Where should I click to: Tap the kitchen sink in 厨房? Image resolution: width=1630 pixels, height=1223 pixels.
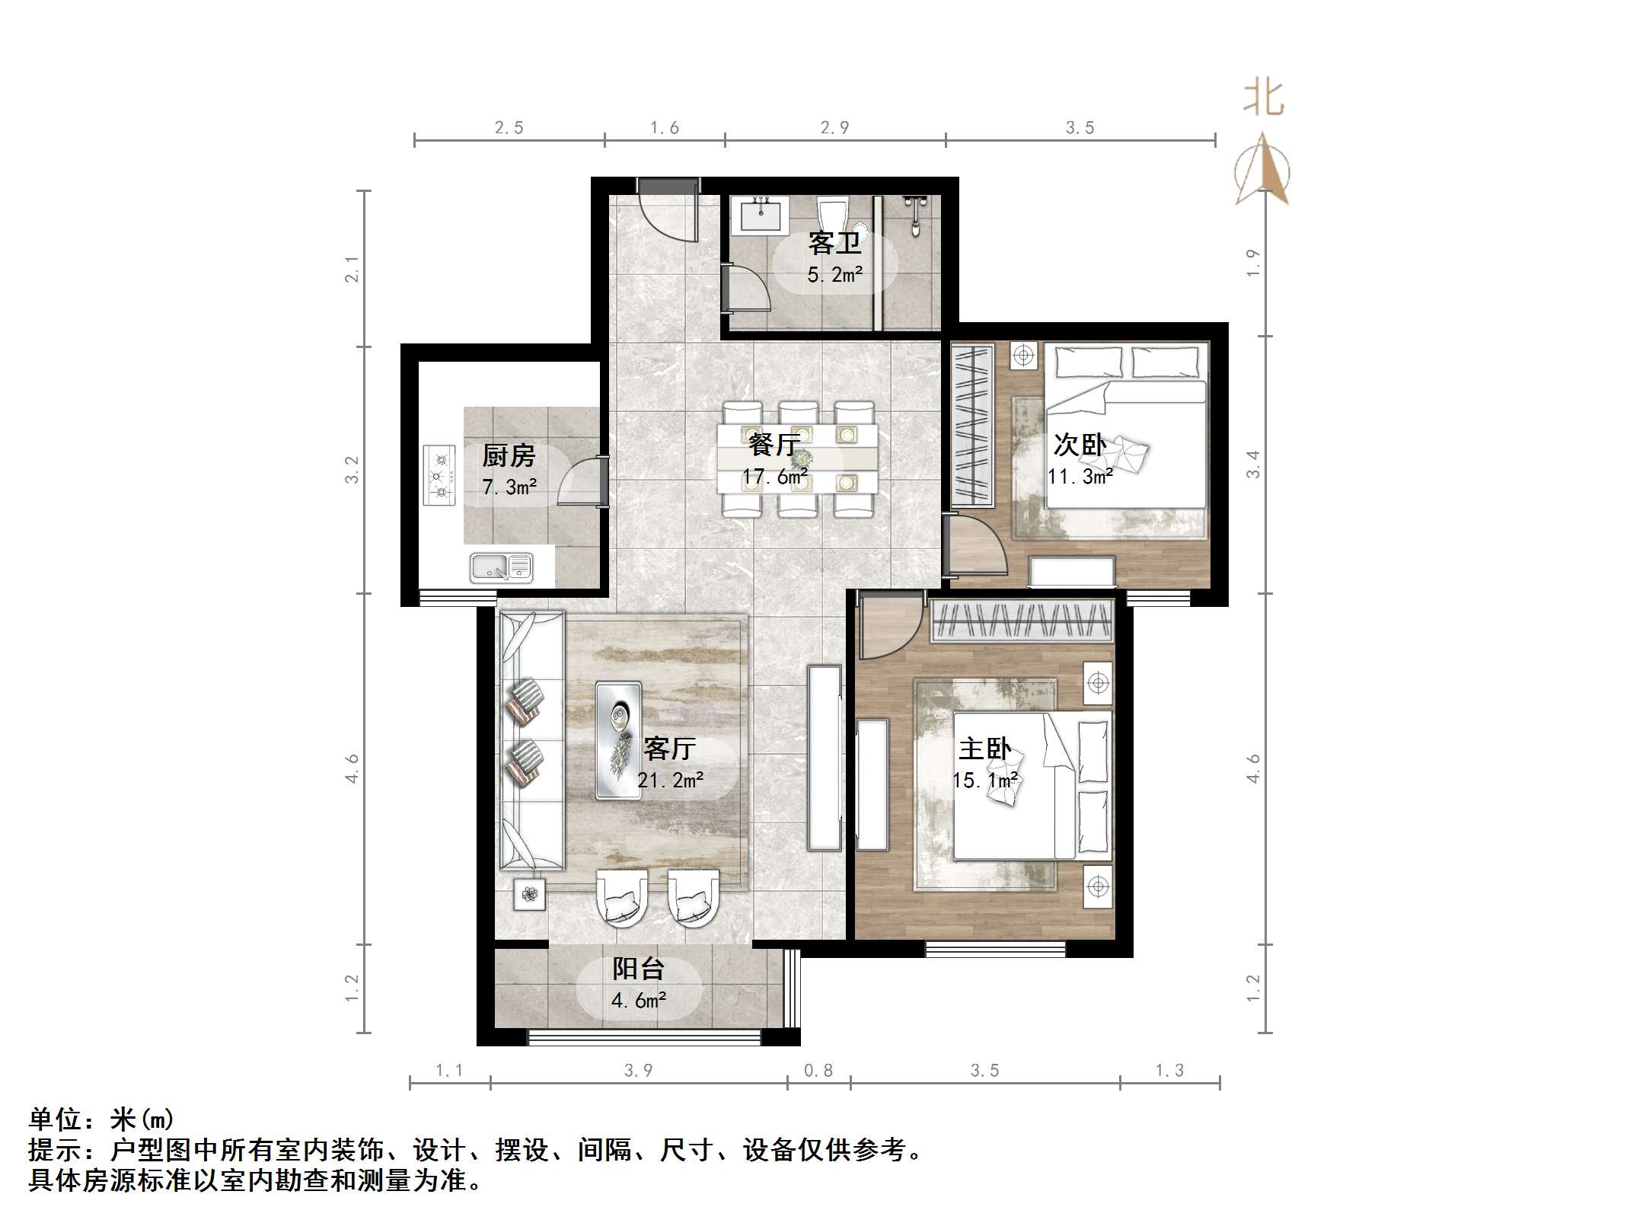click(x=500, y=567)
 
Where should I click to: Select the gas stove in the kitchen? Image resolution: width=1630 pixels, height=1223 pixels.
click(x=439, y=476)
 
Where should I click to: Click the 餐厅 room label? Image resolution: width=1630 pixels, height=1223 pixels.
click(x=774, y=444)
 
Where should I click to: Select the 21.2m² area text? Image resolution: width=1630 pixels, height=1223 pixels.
click(x=670, y=780)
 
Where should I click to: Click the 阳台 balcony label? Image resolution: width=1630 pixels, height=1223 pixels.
click(x=638, y=969)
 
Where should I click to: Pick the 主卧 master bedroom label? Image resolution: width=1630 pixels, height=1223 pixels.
click(x=984, y=749)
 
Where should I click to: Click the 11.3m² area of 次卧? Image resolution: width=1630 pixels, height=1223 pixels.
click(x=1080, y=477)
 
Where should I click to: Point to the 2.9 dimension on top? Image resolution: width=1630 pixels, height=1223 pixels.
click(x=834, y=128)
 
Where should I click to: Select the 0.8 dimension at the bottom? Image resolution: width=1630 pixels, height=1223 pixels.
click(x=818, y=1071)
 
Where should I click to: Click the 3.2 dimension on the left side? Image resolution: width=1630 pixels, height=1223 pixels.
click(x=351, y=469)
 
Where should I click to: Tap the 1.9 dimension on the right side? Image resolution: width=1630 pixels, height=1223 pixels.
click(x=1253, y=263)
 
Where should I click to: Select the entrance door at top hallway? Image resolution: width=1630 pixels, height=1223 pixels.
click(x=668, y=209)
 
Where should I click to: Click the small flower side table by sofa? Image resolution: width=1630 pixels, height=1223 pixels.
click(x=530, y=894)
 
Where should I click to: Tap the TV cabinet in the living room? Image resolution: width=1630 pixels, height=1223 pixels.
click(x=825, y=758)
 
